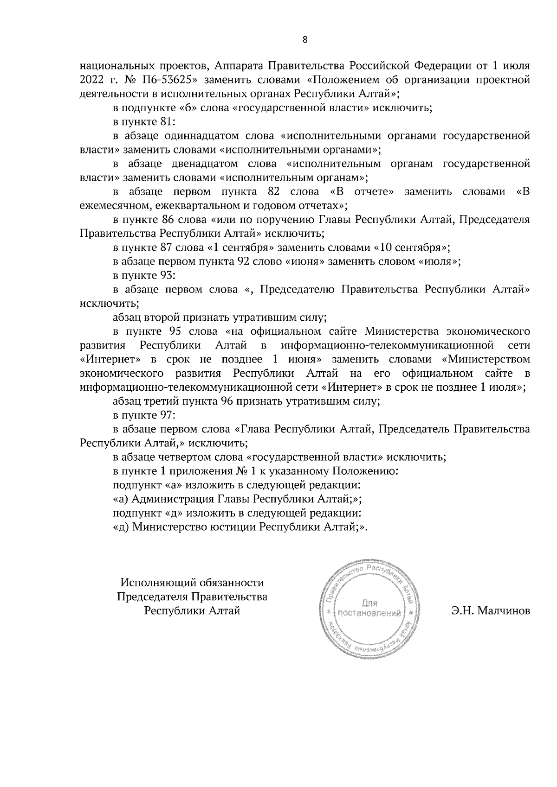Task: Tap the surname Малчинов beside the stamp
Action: pyautogui.click(x=492, y=610)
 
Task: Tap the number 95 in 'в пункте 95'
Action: pyautogui.click(x=170, y=331)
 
